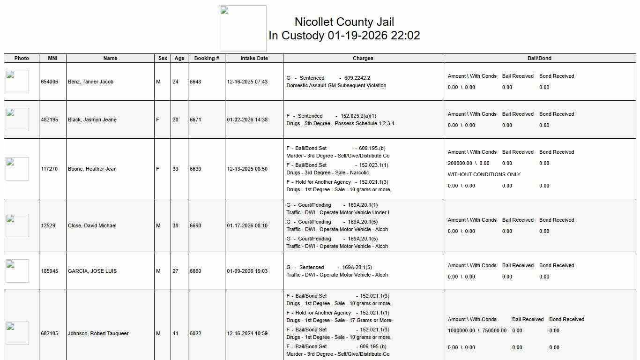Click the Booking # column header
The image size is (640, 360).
[207, 58]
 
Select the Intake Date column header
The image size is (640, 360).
[254, 58]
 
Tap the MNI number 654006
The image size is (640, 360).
[50, 82]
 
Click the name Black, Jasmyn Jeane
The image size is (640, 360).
[92, 120]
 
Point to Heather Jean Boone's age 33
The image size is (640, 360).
[175, 169]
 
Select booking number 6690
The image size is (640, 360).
[195, 225]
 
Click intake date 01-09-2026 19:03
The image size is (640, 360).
[247, 271]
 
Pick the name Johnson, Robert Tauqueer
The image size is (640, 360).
[98, 333]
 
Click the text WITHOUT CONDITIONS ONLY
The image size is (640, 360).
[484, 174]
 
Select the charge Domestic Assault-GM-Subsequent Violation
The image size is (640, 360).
[336, 85]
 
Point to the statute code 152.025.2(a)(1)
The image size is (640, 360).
[358, 116]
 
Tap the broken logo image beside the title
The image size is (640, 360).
[243, 29]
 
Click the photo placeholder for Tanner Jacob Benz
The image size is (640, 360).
[17, 82]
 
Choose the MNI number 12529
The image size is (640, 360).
[48, 225]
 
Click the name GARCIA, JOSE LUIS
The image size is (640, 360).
[92, 271]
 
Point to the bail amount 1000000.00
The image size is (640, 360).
[461, 330]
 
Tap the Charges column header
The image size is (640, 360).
[363, 58]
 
